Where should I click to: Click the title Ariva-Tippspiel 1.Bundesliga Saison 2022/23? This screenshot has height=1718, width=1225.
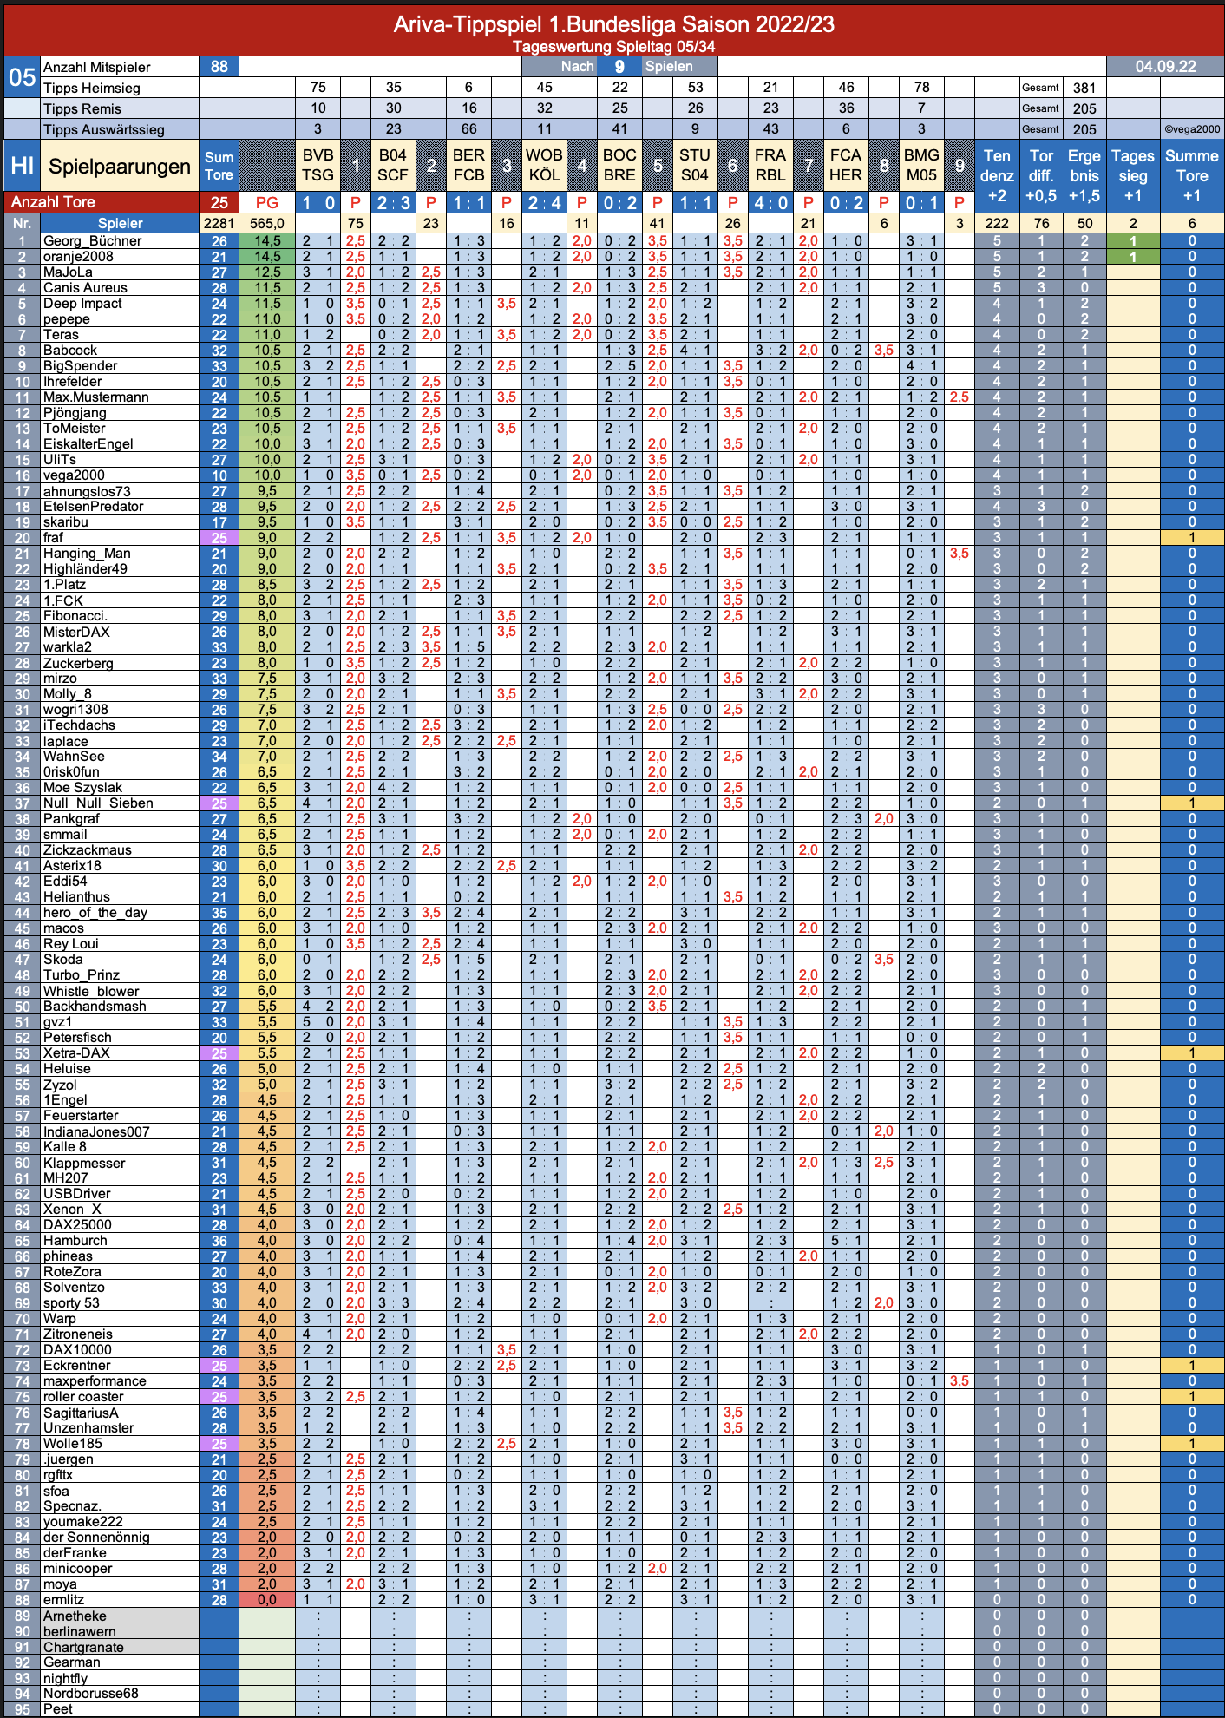[613, 23]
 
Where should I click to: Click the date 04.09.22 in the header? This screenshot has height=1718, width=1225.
[1165, 67]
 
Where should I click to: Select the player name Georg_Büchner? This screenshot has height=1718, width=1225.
[92, 241]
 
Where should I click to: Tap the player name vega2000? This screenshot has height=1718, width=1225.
[74, 475]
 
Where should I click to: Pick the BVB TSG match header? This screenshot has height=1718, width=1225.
[318, 165]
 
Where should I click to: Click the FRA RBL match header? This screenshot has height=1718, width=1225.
[770, 165]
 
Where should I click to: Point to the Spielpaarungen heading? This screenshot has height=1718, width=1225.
[120, 167]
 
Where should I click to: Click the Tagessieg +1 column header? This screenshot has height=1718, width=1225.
[1133, 175]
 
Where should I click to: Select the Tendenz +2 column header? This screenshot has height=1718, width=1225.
[997, 175]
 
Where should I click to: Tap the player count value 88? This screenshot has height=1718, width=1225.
[219, 67]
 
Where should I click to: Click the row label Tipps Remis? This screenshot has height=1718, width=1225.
[82, 108]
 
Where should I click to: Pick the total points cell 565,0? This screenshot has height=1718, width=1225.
[267, 223]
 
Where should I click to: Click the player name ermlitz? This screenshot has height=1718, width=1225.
[64, 1600]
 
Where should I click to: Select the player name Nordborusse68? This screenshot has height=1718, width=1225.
[91, 1694]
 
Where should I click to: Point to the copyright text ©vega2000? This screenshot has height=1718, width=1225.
[1192, 129]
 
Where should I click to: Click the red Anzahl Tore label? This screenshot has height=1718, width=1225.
[53, 202]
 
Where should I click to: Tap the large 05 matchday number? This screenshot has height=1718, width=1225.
[22, 77]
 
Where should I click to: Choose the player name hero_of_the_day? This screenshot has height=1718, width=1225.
[95, 913]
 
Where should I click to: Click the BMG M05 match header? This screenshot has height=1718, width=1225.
[921, 165]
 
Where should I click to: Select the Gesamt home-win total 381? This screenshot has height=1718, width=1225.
[1084, 88]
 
